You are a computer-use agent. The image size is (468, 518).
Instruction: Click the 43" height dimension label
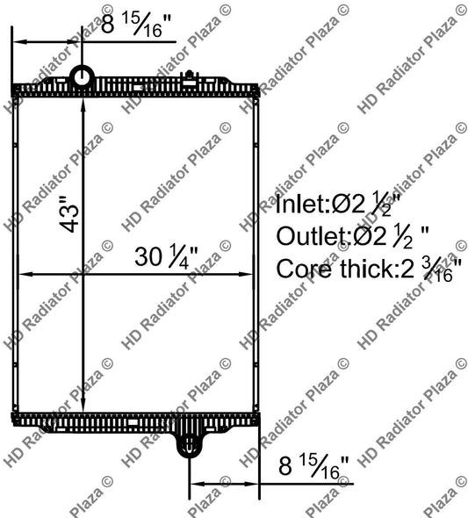[x=72, y=213]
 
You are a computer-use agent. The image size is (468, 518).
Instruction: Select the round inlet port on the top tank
[x=83, y=77]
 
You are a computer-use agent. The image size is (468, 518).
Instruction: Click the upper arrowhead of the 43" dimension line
[x=83, y=99]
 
